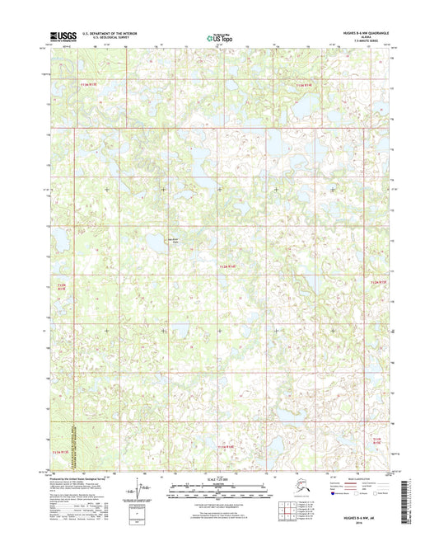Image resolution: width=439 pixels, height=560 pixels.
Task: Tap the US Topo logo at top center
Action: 219,36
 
